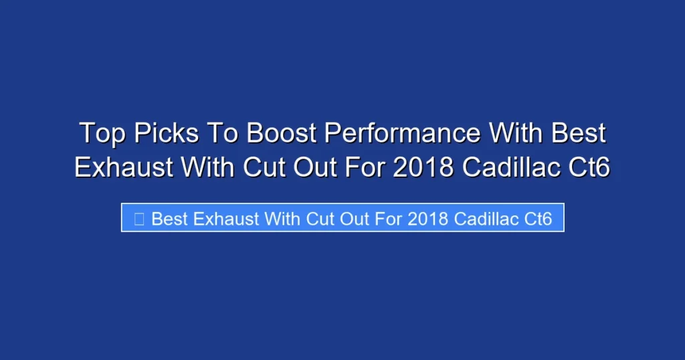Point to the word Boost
(x=282, y=134)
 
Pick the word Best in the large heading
(x=579, y=134)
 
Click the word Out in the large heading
(x=320, y=167)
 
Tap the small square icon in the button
(x=139, y=219)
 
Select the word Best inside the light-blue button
(x=171, y=219)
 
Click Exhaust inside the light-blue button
(x=225, y=219)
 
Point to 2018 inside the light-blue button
(x=427, y=219)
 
